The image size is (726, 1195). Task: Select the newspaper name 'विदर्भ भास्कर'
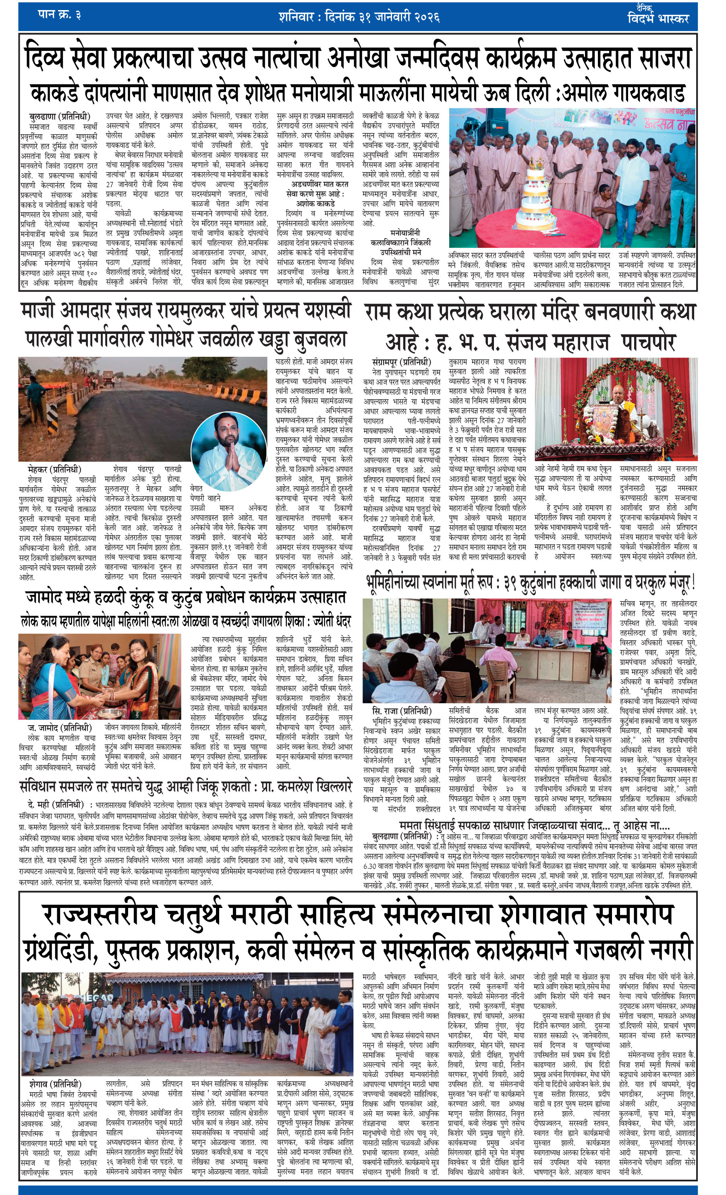point(658,19)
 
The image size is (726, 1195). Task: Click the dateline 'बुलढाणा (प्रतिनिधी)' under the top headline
point(60,117)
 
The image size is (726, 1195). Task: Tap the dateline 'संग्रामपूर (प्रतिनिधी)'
point(402,362)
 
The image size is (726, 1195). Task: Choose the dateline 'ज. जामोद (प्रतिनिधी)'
point(60,728)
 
